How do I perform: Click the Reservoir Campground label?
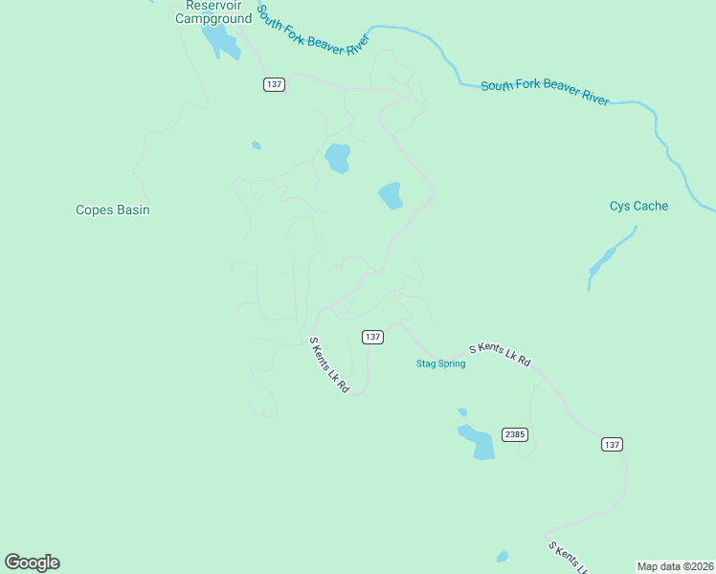(x=213, y=11)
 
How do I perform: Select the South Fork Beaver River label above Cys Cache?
(x=544, y=92)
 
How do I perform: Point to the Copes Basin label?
(x=113, y=210)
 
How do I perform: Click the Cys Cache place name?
(x=638, y=206)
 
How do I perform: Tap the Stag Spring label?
(x=440, y=364)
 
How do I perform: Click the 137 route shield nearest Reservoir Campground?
(x=275, y=84)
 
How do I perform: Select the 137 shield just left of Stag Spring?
(x=373, y=337)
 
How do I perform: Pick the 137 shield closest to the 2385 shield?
(x=613, y=444)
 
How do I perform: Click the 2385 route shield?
(x=515, y=434)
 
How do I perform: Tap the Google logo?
(x=32, y=563)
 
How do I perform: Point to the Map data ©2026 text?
(x=675, y=566)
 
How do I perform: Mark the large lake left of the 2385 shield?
(x=478, y=442)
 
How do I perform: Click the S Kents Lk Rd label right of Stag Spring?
(x=499, y=356)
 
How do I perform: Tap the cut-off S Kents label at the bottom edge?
(x=568, y=558)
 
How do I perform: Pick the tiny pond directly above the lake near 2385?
(x=462, y=412)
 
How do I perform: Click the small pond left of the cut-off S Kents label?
(x=503, y=556)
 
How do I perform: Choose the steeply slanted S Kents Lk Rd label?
(x=329, y=365)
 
